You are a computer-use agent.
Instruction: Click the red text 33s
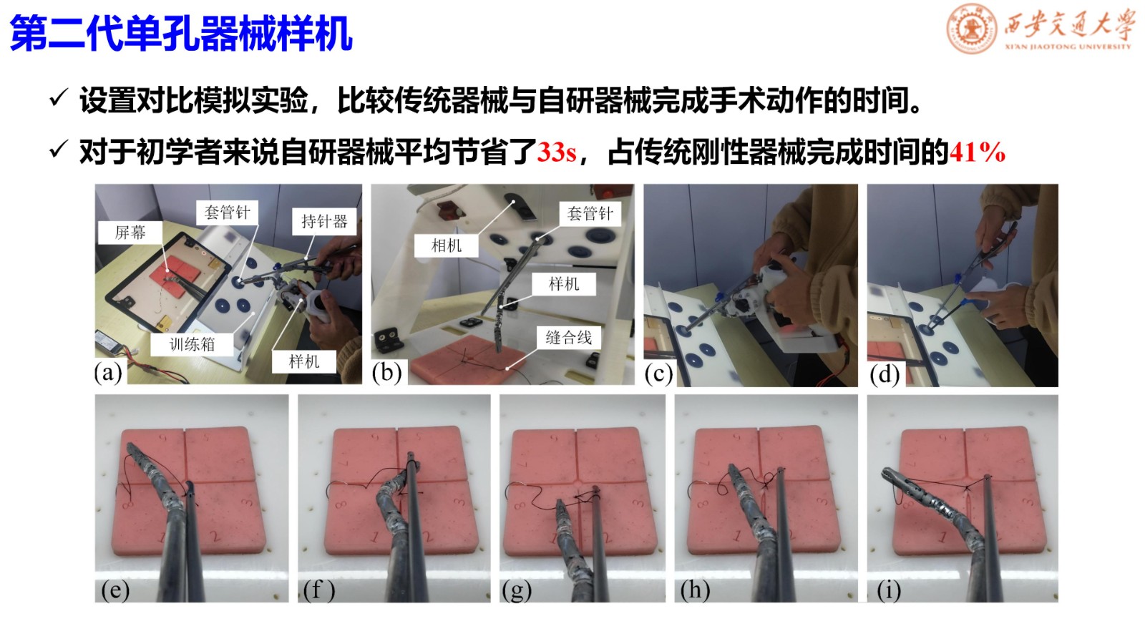pos(557,152)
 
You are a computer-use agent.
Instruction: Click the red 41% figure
pos(978,152)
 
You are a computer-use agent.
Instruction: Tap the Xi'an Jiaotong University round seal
pos(972,29)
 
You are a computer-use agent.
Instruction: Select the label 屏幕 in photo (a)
pos(130,233)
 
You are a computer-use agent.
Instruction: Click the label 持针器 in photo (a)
pos(324,221)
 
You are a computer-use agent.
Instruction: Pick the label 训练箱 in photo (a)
pos(193,344)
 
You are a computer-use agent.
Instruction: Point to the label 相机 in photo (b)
pos(447,246)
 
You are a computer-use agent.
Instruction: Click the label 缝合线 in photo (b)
pos(568,337)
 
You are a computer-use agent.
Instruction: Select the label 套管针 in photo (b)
pos(590,213)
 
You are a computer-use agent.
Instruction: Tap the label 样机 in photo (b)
pos(564,283)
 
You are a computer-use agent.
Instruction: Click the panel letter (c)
pos(658,374)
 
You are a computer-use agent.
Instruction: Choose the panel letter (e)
pos(115,590)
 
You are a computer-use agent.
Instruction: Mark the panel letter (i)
pos(889,590)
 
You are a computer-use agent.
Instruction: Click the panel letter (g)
pos(517,590)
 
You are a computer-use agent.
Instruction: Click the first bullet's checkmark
pos(59,97)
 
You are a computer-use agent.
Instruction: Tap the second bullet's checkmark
pos(59,150)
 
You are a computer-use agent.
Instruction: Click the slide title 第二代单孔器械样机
pos(181,34)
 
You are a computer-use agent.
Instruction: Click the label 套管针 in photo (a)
pos(227,212)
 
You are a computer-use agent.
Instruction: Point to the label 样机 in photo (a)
pos(304,361)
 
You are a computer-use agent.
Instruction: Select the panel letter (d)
pos(885,374)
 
